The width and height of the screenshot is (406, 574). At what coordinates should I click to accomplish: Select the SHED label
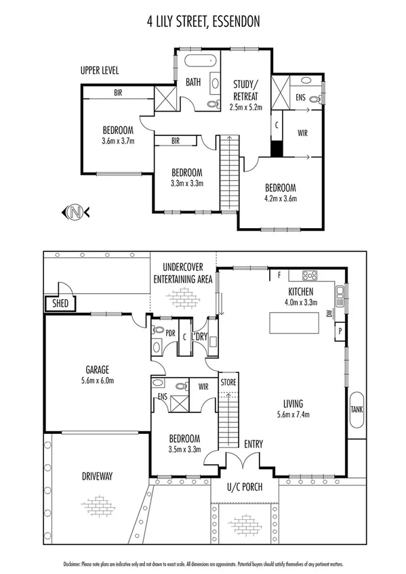click(x=60, y=304)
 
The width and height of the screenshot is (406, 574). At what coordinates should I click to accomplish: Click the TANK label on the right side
click(x=356, y=410)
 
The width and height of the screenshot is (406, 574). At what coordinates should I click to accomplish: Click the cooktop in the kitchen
click(x=310, y=275)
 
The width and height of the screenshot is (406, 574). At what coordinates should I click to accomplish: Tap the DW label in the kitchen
click(x=329, y=313)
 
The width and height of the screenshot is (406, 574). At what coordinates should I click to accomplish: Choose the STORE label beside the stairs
click(x=229, y=383)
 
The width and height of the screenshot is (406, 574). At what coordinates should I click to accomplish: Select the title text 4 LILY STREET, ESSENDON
click(x=203, y=22)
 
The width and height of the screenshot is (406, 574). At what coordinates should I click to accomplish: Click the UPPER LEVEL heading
click(x=99, y=70)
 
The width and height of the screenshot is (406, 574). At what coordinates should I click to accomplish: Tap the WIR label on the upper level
click(x=302, y=133)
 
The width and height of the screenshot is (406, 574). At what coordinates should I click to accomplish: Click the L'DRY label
click(x=199, y=336)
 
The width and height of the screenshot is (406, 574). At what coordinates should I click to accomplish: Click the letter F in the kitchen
click(x=279, y=275)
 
